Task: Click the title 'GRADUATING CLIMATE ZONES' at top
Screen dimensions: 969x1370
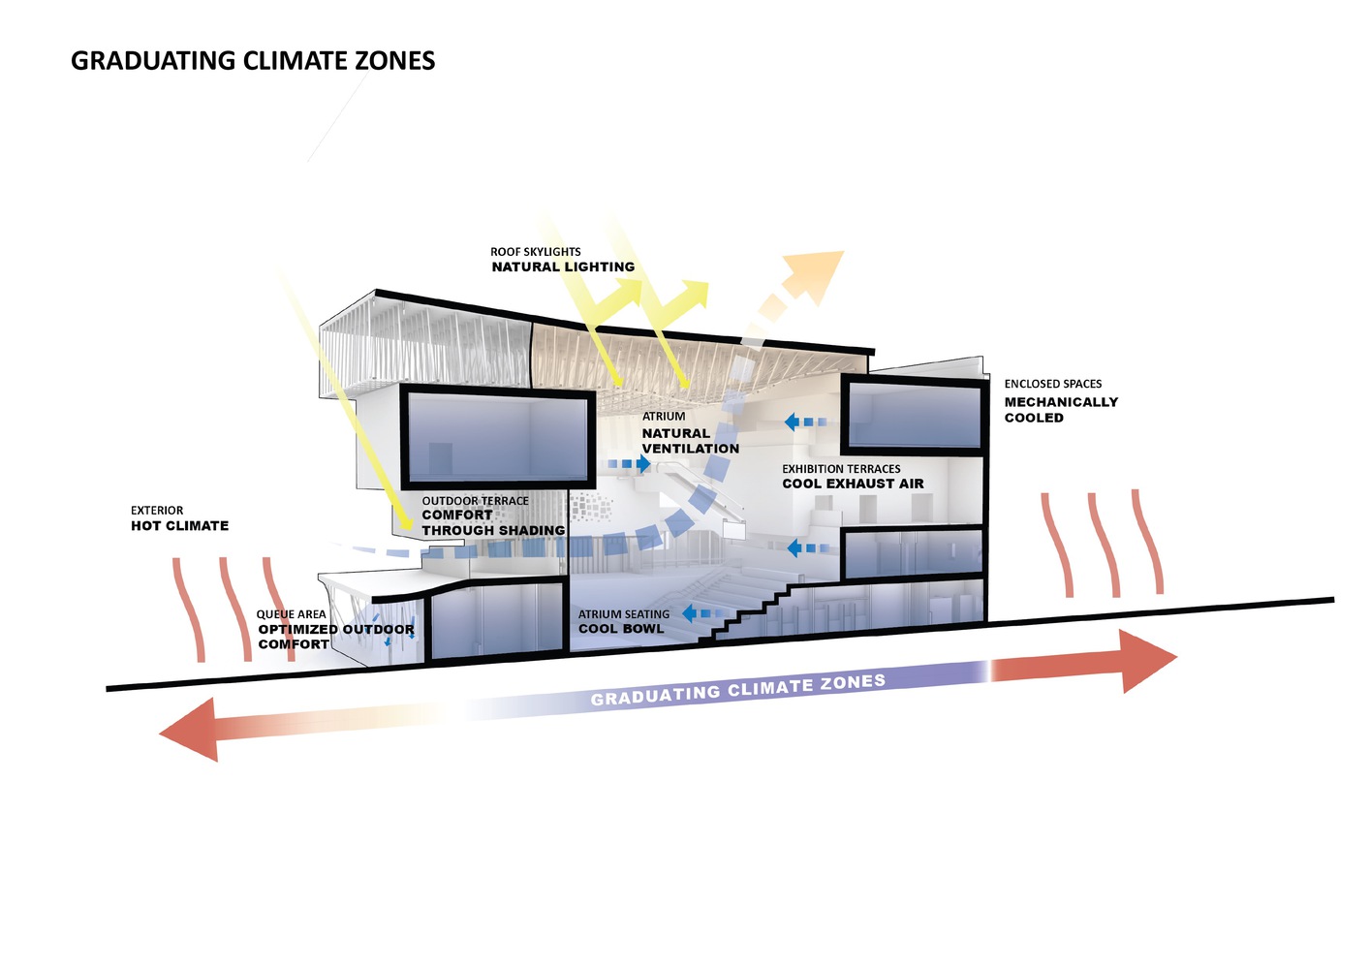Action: tap(253, 61)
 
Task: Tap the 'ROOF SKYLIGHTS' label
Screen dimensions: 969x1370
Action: tap(535, 251)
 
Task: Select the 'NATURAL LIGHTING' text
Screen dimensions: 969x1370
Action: tap(563, 266)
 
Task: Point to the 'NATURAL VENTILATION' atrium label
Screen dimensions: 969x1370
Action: tap(690, 441)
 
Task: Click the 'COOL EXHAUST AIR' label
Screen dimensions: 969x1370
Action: tap(853, 484)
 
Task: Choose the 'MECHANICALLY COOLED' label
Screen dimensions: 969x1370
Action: tap(1060, 410)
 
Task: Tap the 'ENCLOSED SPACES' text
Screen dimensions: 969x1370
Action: tap(1052, 384)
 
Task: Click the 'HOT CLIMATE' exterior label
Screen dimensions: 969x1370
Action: tap(179, 526)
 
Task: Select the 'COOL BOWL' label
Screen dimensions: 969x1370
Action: tap(621, 629)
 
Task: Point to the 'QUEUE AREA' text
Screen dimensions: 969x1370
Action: tap(291, 614)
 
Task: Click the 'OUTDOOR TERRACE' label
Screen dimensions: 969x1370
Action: tap(475, 501)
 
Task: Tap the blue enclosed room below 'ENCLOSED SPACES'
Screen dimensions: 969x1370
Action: tap(914, 414)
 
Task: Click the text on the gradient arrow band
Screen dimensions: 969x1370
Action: tap(737, 689)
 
